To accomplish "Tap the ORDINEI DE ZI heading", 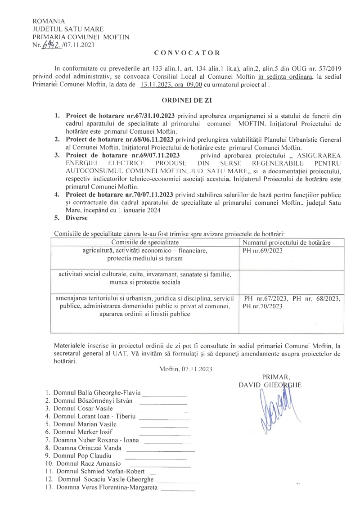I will pos(180,102).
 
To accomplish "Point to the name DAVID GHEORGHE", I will pos(271,385).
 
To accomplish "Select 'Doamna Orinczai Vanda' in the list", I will pos(84,448).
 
